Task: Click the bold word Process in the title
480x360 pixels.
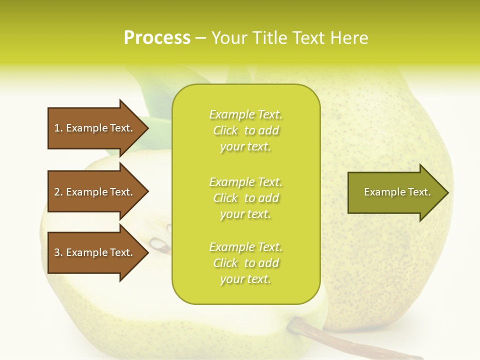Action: [x=157, y=38]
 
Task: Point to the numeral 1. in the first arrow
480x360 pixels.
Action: [x=58, y=128]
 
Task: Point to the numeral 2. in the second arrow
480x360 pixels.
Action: [x=58, y=192]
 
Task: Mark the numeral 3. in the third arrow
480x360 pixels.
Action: [x=58, y=252]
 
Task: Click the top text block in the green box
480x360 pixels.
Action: [x=245, y=130]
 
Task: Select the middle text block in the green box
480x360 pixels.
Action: [x=245, y=198]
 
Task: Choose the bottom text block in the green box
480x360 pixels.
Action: [x=245, y=263]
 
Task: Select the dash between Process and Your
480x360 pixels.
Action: [x=201, y=38]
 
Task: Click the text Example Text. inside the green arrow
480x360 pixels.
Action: [x=397, y=192]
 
